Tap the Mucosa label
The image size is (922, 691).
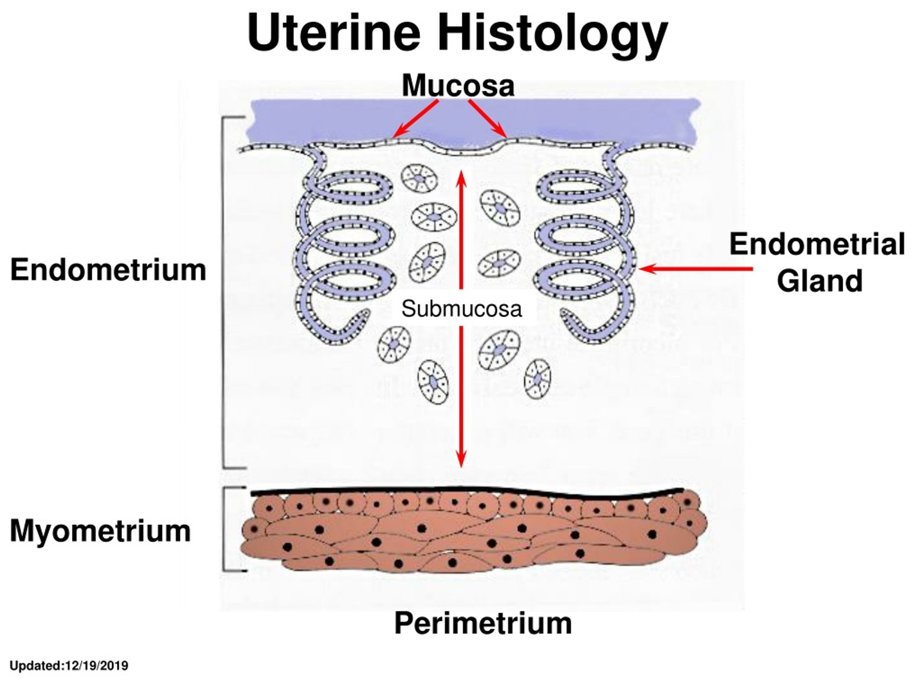coord(458,85)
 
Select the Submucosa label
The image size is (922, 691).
coord(461,309)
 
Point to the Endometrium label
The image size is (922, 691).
coord(108,270)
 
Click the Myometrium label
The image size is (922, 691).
coord(100,531)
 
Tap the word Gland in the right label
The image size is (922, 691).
coord(819,281)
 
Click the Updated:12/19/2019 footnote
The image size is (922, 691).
coord(69,665)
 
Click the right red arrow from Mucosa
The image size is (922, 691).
coord(488,118)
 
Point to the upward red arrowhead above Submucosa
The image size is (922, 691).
coord(461,178)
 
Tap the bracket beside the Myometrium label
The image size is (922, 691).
coord(224,529)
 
